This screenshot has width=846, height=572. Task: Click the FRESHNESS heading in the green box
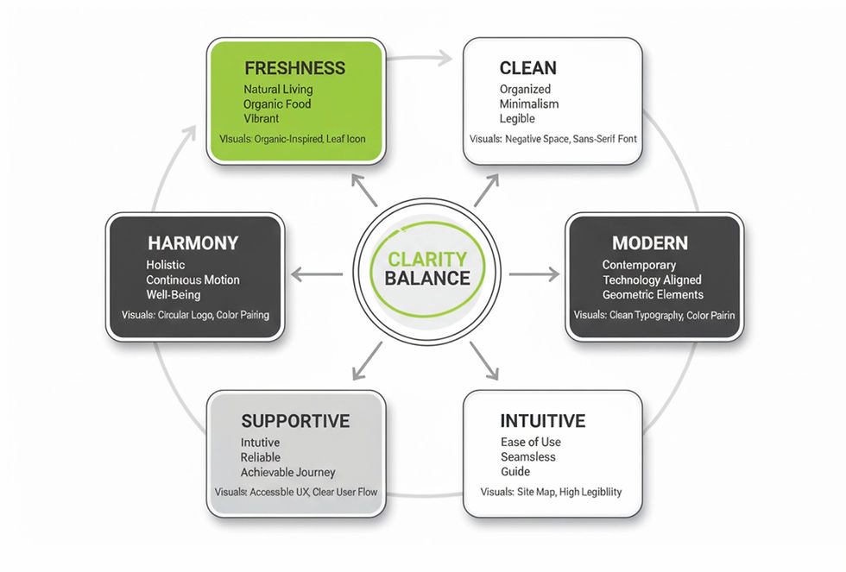(294, 67)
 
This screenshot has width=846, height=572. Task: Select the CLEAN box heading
(527, 67)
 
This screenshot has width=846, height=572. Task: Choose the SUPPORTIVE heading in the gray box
(295, 421)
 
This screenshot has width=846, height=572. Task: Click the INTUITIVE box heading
(543, 421)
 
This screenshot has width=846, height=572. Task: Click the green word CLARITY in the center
(427, 259)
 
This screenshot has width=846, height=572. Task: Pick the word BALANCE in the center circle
(427, 279)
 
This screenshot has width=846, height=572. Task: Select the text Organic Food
(277, 104)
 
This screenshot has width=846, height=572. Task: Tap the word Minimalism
(529, 104)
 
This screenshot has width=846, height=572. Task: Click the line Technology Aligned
(652, 280)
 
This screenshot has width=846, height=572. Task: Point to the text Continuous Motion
(193, 280)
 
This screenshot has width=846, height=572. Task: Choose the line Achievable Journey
(287, 472)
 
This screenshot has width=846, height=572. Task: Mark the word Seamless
(528, 457)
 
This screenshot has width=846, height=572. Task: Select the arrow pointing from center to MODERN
(534, 274)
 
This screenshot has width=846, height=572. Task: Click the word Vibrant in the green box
(262, 119)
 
